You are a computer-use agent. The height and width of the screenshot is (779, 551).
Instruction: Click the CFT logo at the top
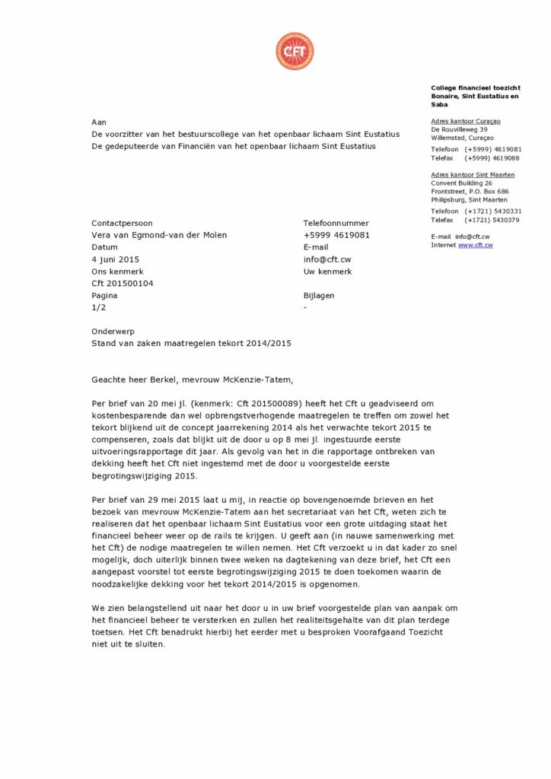[x=295, y=52]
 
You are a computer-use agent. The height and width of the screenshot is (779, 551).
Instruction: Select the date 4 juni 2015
[x=116, y=259]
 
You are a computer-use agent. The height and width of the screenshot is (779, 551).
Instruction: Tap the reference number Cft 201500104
[x=123, y=284]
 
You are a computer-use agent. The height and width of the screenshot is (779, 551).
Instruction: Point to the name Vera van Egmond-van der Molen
[x=159, y=235]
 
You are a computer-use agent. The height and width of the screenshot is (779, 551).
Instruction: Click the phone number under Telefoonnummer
[x=336, y=235]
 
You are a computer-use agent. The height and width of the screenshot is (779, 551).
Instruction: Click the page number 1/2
[x=98, y=307]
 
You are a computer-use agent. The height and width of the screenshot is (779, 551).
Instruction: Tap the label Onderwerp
[x=112, y=332]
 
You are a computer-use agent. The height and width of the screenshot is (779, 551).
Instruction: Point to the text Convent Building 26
[x=461, y=183]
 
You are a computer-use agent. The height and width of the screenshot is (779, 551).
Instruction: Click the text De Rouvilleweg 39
[x=459, y=129]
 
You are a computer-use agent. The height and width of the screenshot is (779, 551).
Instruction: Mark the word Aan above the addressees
[x=98, y=121]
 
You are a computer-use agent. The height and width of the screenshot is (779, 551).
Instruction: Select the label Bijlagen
[x=319, y=295]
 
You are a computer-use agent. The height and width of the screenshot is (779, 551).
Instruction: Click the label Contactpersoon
[x=122, y=223]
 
